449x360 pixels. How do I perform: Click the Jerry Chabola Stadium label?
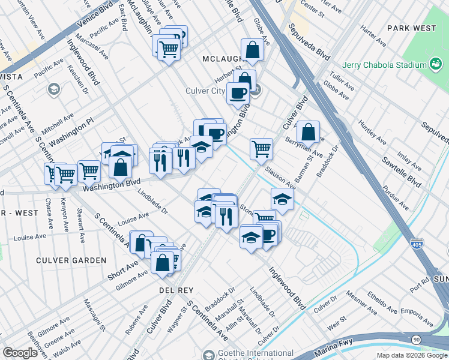click(384, 65)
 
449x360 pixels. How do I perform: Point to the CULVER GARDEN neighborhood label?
click(71, 260)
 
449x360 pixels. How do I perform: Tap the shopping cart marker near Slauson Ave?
click(261, 148)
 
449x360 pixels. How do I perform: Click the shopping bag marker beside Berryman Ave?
click(308, 131)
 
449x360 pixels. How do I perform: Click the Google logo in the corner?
click(20, 353)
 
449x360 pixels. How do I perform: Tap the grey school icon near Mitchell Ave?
click(53, 89)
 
